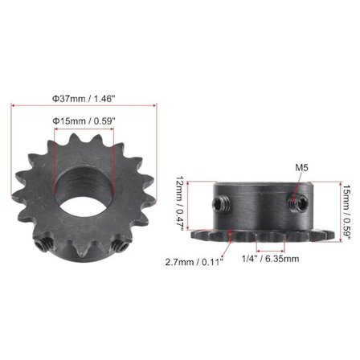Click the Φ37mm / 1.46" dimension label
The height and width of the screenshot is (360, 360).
tap(83, 97)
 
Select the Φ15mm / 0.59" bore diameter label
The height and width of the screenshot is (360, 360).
tap(84, 121)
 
